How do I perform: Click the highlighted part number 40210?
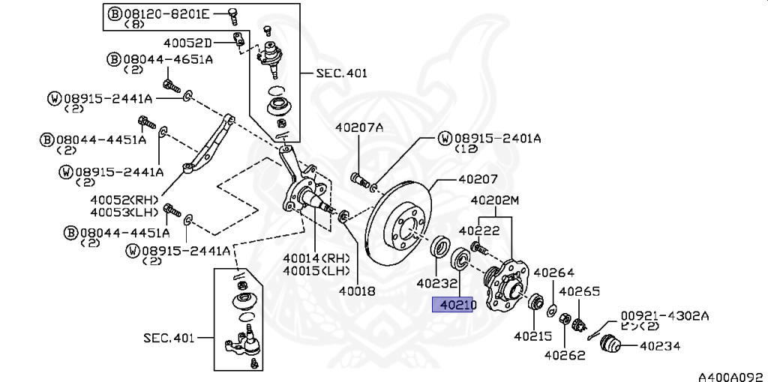coord(453,305)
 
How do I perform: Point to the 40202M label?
coord(495,201)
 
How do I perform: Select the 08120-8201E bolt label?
coord(165,13)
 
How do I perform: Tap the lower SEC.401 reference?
coord(169,338)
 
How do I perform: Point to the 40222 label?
coord(479,231)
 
